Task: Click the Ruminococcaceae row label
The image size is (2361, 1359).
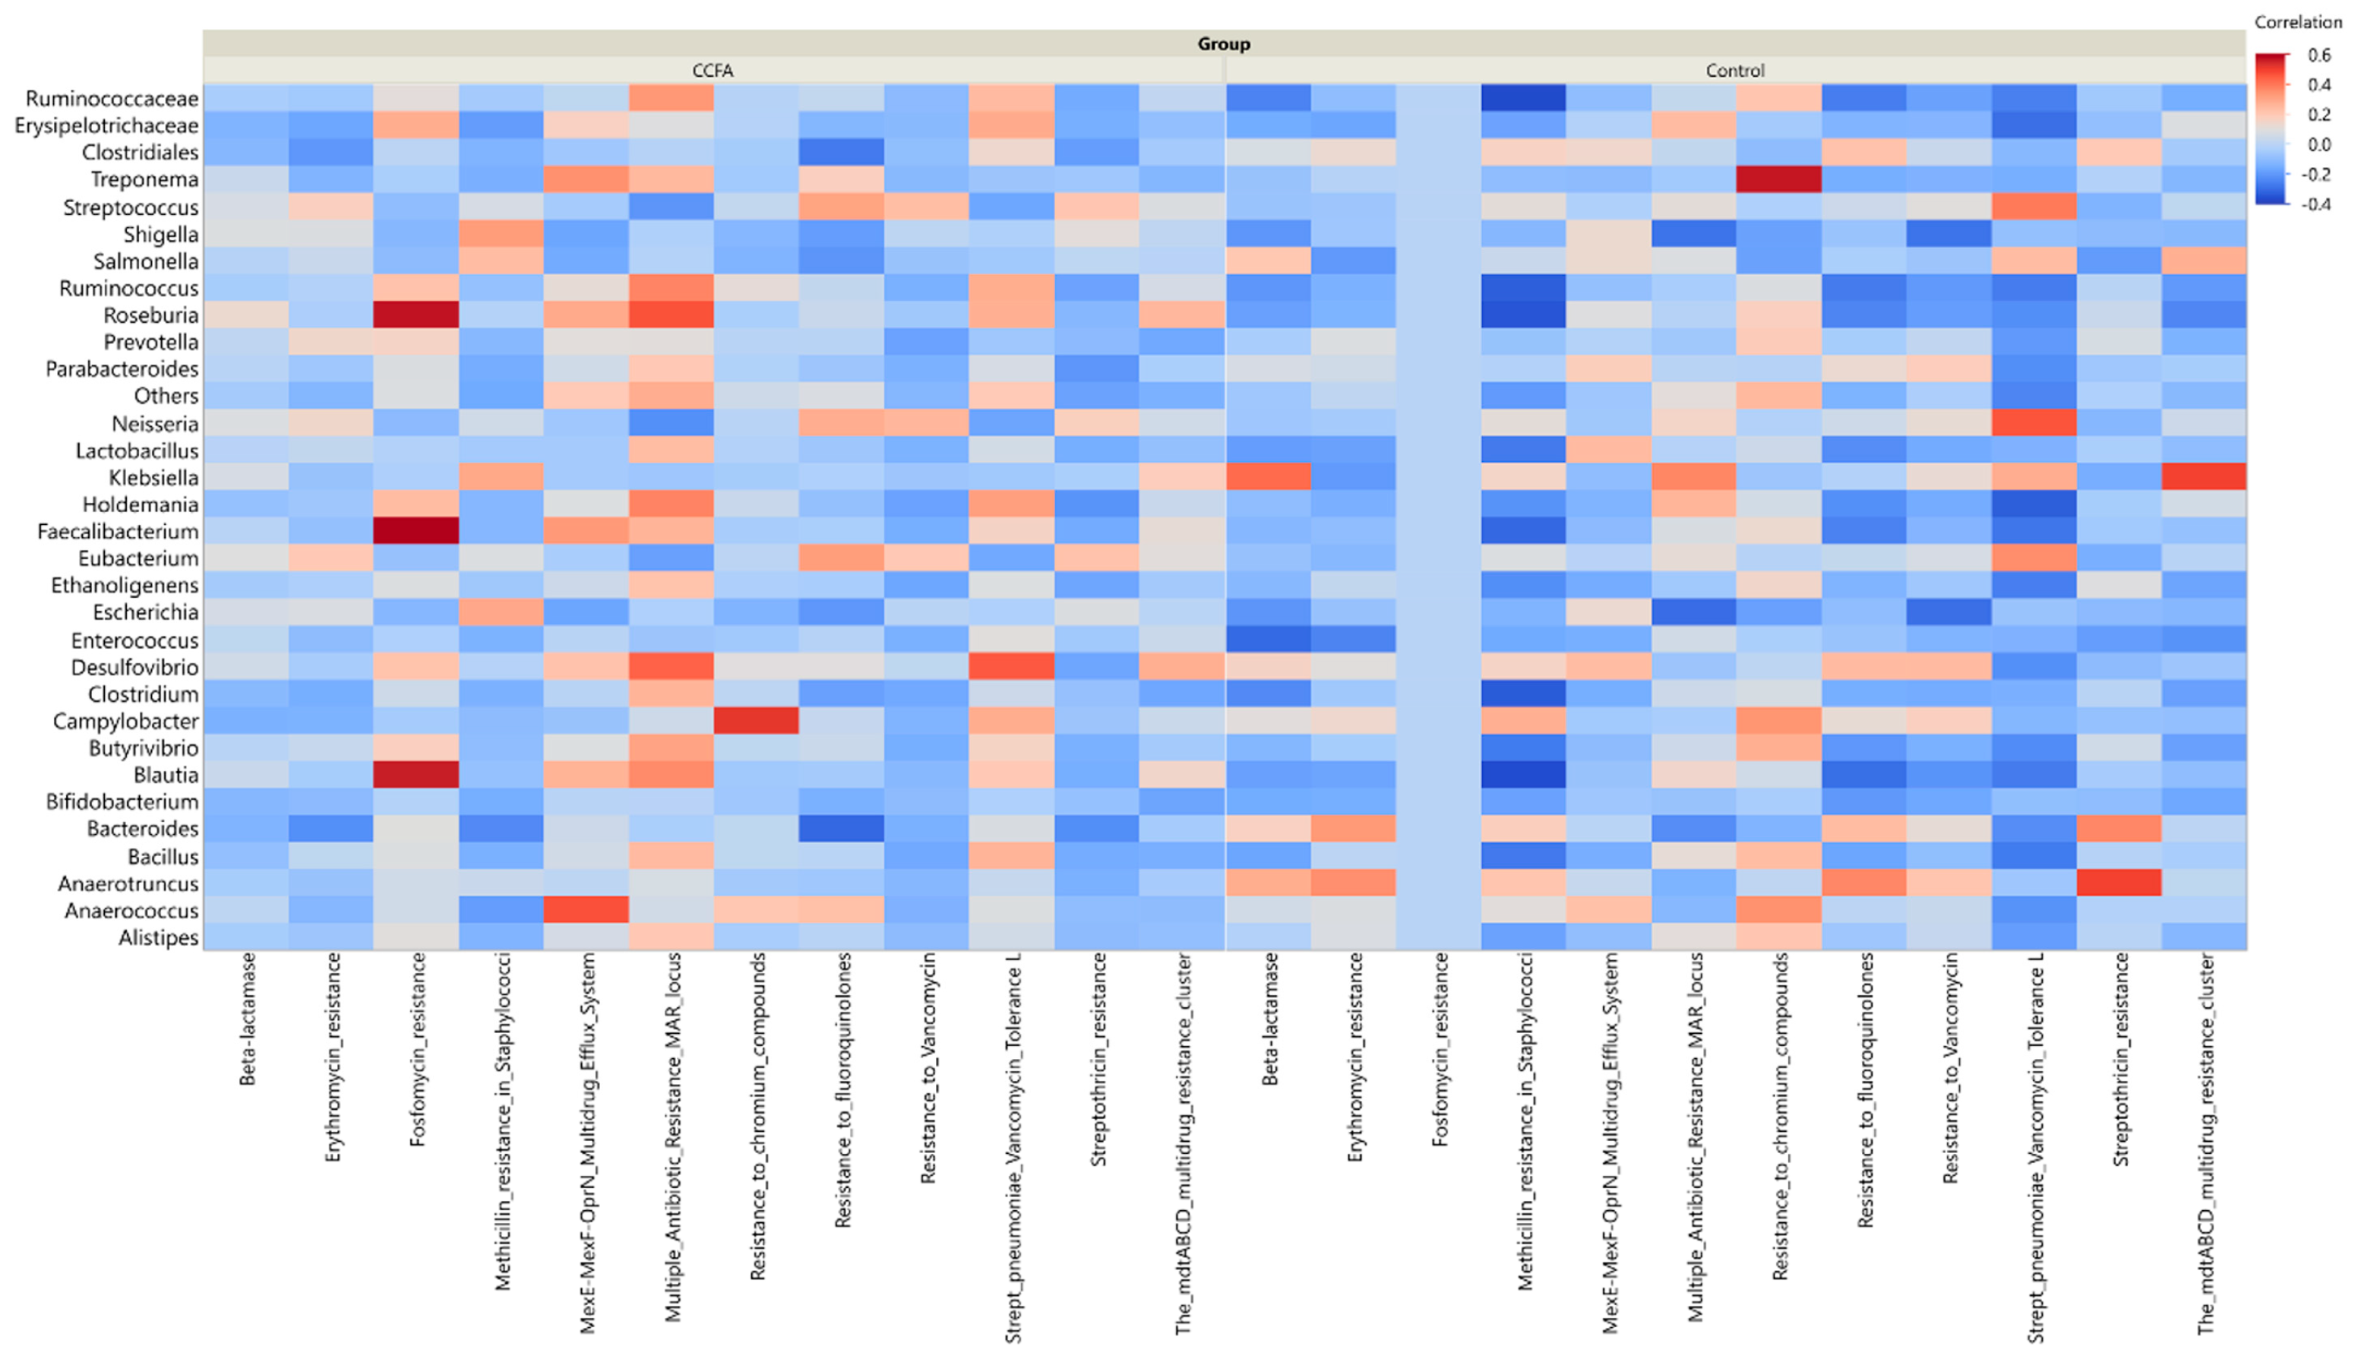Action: (112, 98)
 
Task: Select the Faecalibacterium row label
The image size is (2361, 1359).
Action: (118, 531)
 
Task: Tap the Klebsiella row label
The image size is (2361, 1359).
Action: (154, 477)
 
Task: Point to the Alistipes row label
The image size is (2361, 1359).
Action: (159, 937)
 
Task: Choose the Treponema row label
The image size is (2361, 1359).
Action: (144, 179)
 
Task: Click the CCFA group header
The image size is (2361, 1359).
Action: (713, 71)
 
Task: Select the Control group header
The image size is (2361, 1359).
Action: (1735, 71)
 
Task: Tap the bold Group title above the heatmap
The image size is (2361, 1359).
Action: (1224, 44)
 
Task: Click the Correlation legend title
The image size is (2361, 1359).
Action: (2297, 21)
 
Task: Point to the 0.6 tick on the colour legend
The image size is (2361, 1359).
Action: (2319, 55)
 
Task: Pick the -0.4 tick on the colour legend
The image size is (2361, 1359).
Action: (2317, 204)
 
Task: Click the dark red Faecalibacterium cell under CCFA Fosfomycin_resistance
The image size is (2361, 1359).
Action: (416, 531)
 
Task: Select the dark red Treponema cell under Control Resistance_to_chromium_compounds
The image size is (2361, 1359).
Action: (1778, 179)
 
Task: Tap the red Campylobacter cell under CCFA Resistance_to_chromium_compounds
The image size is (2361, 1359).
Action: (756, 721)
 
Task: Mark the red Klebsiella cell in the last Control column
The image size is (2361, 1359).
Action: (2203, 477)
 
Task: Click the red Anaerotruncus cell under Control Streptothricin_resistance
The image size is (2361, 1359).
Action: (2119, 882)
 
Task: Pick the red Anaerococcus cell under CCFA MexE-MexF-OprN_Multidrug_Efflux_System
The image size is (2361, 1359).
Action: (586, 909)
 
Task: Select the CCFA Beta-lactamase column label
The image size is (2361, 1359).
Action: (248, 1019)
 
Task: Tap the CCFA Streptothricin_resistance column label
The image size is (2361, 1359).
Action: (1098, 1060)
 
